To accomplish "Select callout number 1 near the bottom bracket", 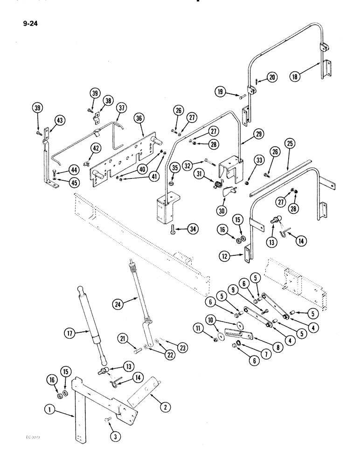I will (x=48, y=411).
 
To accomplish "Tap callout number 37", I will (x=122, y=108).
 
